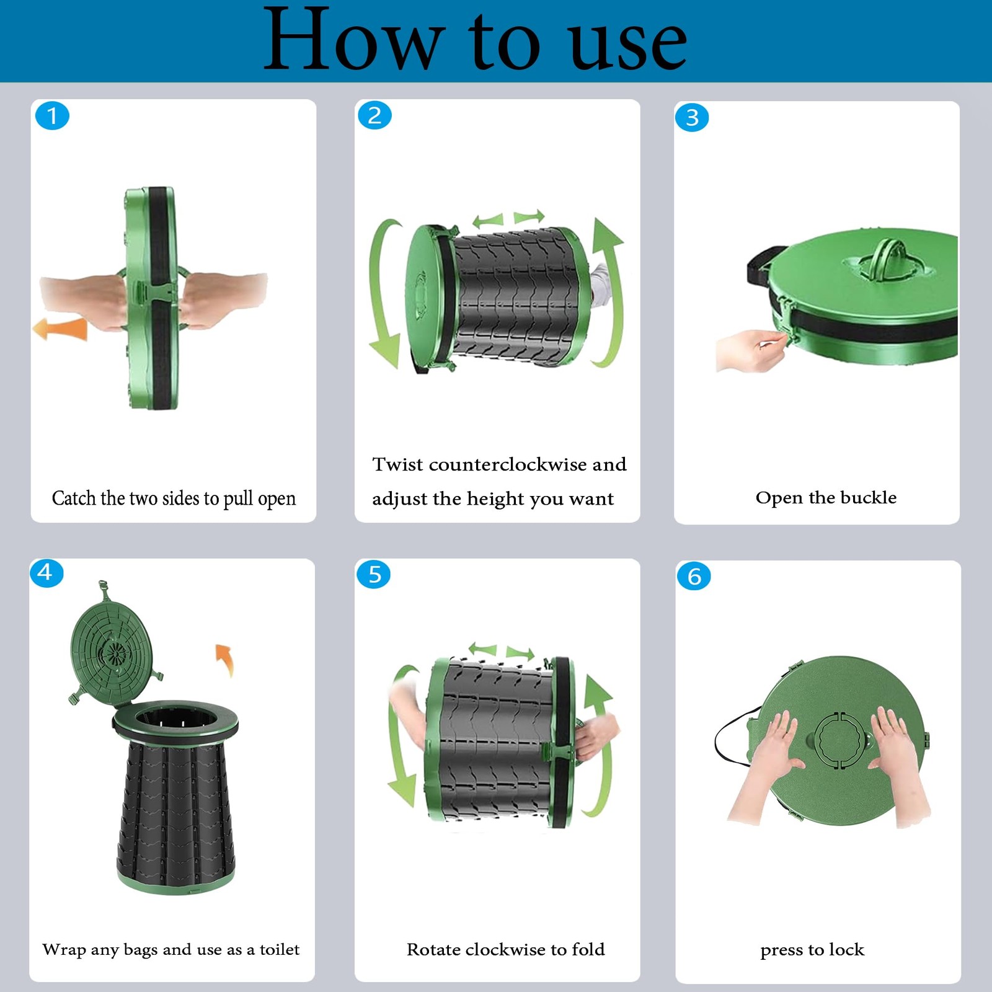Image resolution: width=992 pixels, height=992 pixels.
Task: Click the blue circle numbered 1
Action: click(x=52, y=115)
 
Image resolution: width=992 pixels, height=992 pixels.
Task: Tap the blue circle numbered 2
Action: click(x=374, y=115)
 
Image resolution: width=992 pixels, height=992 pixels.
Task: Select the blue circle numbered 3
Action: click(x=692, y=117)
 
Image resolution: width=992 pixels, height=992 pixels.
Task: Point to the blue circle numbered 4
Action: click(x=46, y=572)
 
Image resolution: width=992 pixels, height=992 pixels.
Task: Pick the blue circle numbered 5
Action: click(x=374, y=574)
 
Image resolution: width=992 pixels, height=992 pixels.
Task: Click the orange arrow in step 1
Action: click(x=60, y=329)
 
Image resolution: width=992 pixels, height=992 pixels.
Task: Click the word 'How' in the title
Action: click(x=352, y=41)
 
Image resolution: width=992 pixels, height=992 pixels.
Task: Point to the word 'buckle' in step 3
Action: click(x=868, y=497)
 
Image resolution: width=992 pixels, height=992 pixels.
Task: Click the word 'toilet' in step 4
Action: click(x=279, y=949)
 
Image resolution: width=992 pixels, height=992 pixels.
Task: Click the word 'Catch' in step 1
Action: click(x=74, y=498)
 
